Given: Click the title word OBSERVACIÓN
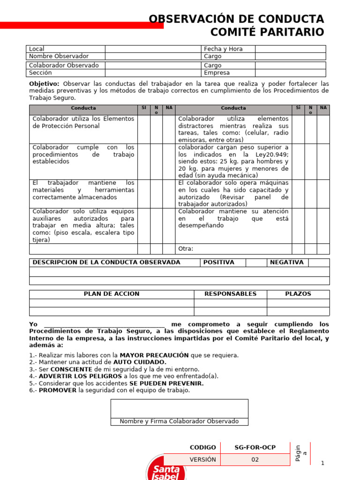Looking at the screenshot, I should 189,19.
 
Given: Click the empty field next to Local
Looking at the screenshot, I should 152,49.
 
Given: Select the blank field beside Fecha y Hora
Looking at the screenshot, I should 290,49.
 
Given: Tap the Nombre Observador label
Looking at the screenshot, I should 59,56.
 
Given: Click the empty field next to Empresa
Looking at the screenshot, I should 290,73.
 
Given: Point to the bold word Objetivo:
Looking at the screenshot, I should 44,83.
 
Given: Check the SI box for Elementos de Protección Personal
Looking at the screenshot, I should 144,129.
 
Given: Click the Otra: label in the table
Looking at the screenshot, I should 186,249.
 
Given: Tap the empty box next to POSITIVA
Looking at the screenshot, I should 256,262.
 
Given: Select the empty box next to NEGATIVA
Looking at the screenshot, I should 318,262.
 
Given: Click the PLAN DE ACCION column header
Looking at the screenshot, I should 112,294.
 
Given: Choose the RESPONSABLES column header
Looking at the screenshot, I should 230,294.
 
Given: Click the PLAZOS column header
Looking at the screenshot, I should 298,294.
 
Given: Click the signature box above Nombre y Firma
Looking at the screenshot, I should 180,408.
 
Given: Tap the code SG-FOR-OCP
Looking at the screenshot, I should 255,448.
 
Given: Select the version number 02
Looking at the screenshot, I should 255,459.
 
